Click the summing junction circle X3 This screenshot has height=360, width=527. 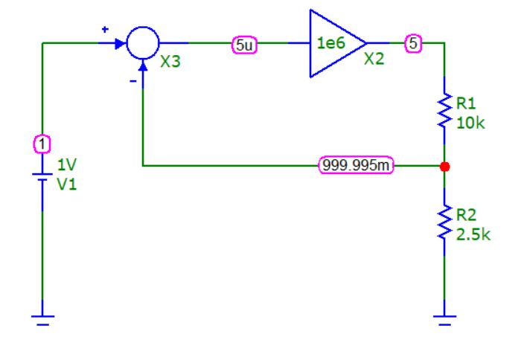[142, 43]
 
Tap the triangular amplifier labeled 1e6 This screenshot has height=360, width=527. [333, 43]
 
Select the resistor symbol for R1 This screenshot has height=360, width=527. [444, 110]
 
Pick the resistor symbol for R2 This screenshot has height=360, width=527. [444, 222]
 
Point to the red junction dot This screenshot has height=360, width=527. [444, 166]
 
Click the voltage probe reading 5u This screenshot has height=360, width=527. [244, 44]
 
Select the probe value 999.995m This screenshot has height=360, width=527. [357, 166]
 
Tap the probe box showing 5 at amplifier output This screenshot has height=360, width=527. [412, 44]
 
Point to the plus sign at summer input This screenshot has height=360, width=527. [105, 29]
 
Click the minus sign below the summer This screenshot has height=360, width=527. [132, 83]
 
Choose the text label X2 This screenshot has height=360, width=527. [374, 60]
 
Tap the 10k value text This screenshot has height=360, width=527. [470, 123]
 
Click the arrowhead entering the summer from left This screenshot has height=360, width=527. [119, 43]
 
